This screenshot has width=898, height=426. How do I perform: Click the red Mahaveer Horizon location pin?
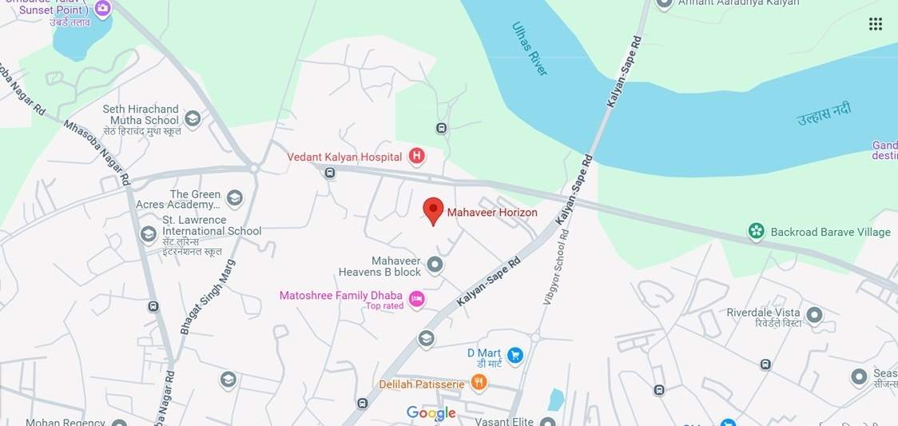[x=433, y=210]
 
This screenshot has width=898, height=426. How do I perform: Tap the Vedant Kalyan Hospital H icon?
[x=416, y=156]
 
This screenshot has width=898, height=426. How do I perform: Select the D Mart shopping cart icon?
[x=515, y=355]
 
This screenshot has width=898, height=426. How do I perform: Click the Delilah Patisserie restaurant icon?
[x=479, y=383]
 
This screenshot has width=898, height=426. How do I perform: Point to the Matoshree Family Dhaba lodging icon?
[x=416, y=299]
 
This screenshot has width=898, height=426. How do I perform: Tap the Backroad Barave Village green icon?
[x=756, y=232]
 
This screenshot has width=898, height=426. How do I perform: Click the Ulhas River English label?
[x=529, y=48]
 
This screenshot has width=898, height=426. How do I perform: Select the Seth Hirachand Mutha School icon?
[x=193, y=120]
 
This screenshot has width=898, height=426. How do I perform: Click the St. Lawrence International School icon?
[x=148, y=234]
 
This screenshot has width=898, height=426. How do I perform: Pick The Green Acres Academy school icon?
[x=234, y=198]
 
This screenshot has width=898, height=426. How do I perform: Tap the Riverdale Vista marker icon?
[x=814, y=315]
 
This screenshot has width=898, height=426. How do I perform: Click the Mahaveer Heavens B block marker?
[x=435, y=265]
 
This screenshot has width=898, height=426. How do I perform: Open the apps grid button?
[x=876, y=24]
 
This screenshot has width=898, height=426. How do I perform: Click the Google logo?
[x=431, y=412]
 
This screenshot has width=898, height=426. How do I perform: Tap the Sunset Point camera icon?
[x=102, y=9]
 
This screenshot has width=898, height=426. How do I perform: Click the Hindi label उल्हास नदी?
[x=824, y=113]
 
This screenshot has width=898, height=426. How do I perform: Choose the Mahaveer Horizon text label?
[x=492, y=213]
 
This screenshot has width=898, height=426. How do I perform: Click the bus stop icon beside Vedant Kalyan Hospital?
[x=330, y=173]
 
